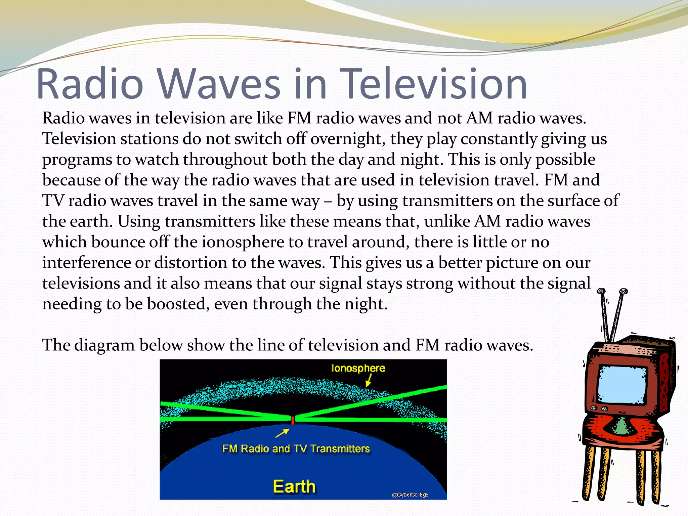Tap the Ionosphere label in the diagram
click(x=358, y=368)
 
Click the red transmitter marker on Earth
click(x=293, y=420)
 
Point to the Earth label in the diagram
click(x=294, y=487)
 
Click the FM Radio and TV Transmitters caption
click(x=296, y=449)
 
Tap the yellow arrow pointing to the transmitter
click(x=282, y=433)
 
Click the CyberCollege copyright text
click(x=410, y=495)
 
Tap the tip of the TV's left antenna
click(x=601, y=291)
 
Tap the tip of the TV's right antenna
click(x=623, y=291)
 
